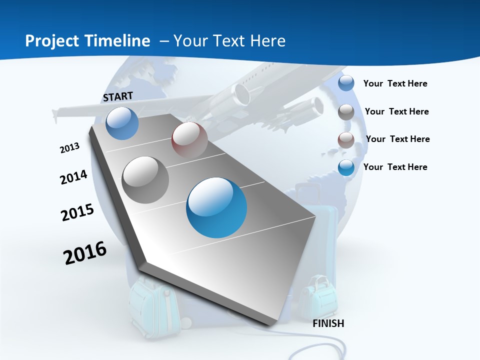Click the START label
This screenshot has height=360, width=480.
(x=118, y=96)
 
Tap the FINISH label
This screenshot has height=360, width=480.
(x=328, y=323)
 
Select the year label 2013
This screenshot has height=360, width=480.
(x=69, y=147)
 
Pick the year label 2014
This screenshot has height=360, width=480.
(x=73, y=177)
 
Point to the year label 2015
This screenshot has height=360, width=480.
(x=77, y=212)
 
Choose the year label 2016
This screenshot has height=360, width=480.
(x=85, y=253)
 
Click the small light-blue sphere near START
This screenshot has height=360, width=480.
(x=122, y=123)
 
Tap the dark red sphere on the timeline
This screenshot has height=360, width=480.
(x=189, y=140)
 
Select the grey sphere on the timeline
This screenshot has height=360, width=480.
(x=145, y=179)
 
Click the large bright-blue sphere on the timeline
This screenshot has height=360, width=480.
(x=216, y=207)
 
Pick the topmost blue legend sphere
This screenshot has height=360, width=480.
(x=346, y=83)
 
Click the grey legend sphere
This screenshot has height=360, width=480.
(x=346, y=112)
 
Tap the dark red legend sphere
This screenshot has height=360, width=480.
(x=346, y=140)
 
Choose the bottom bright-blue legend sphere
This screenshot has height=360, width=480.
(x=346, y=167)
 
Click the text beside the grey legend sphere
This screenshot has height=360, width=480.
(x=396, y=111)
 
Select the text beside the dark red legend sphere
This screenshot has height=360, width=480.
(x=397, y=139)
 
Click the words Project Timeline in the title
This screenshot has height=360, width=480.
(x=87, y=41)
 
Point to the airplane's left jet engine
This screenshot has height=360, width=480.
(x=242, y=94)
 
